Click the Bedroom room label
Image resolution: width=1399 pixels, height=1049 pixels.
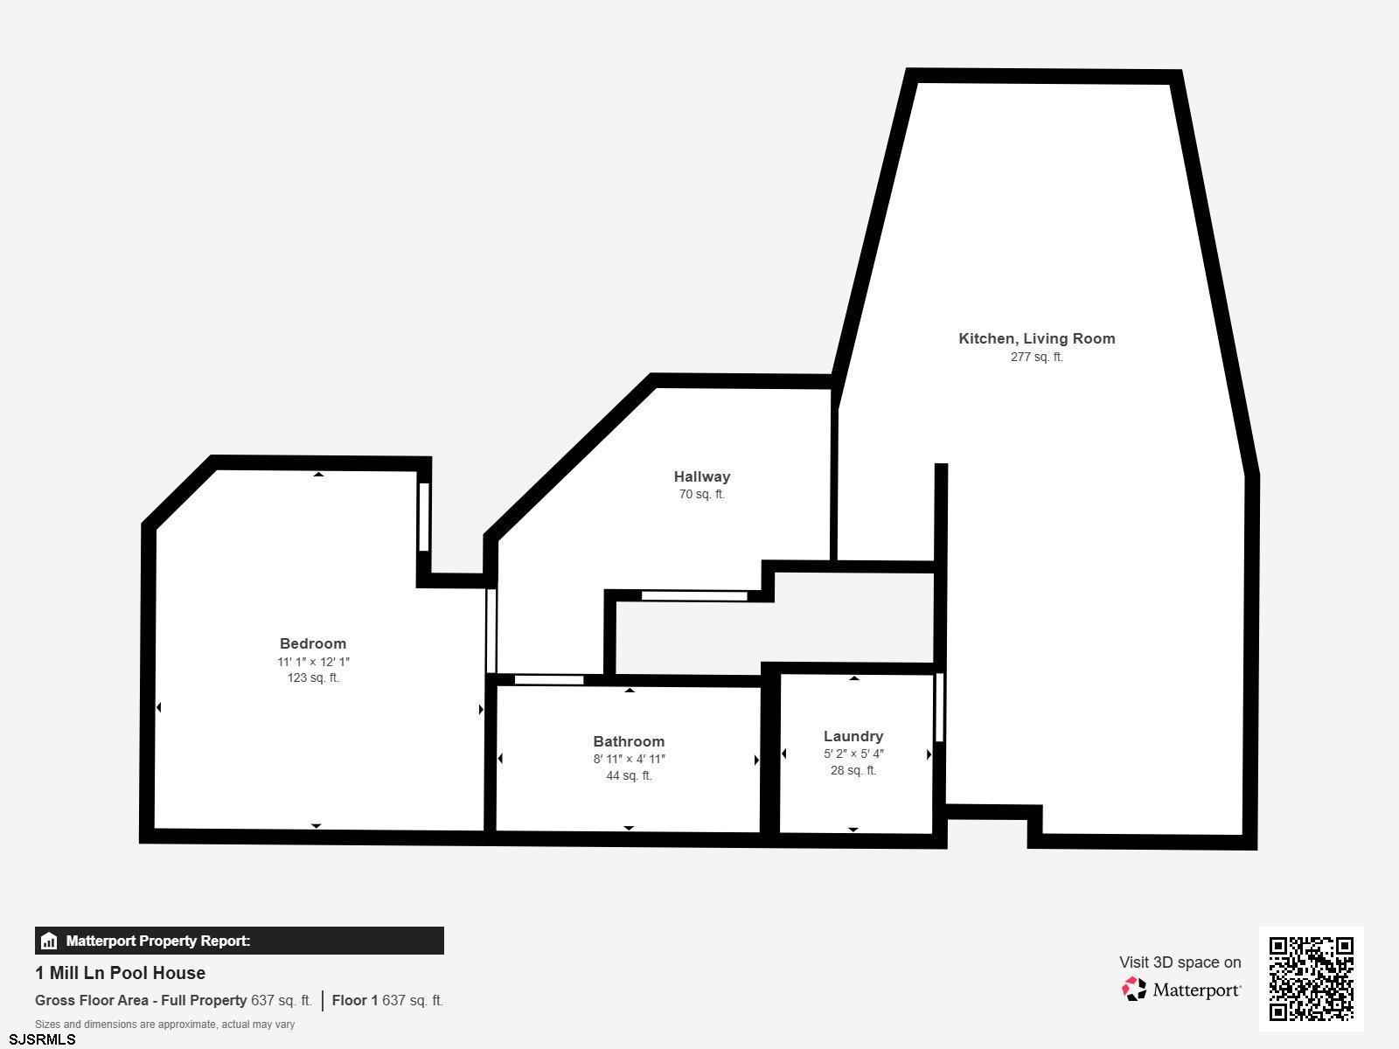tap(313, 643)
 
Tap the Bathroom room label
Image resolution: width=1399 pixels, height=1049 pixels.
tap(629, 741)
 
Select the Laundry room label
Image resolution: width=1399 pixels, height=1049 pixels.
tap(853, 736)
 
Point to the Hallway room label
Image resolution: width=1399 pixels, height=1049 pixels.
tap(701, 476)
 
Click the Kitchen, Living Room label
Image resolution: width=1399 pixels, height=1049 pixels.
tap(1036, 338)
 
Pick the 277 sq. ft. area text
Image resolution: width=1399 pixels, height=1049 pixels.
tap(1036, 357)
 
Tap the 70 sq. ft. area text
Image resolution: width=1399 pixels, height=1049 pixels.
tap(701, 494)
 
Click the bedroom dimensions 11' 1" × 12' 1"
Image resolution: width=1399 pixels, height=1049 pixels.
tap(313, 662)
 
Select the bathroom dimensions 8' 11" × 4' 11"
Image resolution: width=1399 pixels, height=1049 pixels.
tap(629, 759)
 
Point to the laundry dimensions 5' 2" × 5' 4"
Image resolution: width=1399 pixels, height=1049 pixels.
tap(853, 754)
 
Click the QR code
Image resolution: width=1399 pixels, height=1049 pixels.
tap(1311, 978)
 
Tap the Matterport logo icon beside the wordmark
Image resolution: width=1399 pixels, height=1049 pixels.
tap(1134, 989)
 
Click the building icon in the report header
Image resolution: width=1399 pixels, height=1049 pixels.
tap(49, 941)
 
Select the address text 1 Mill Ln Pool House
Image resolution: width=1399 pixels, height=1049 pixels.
tap(121, 973)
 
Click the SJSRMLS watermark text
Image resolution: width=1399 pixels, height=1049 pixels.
tap(42, 1039)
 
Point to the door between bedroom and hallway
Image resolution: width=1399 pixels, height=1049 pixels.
tap(491, 630)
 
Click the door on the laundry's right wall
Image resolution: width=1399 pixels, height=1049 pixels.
tap(940, 707)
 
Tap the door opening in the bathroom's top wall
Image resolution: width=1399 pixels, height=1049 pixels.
tap(549, 680)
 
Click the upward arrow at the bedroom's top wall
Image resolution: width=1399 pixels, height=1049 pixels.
tap(318, 475)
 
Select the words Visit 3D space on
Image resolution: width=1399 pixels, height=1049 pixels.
tap(1180, 962)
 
